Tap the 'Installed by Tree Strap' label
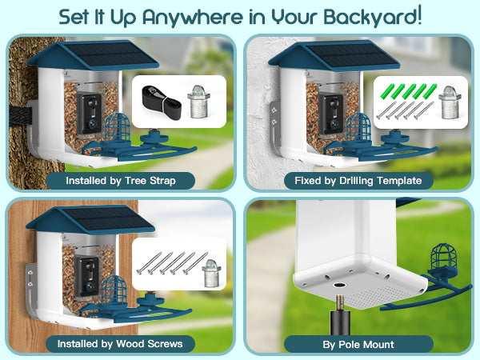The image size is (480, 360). point(120,181)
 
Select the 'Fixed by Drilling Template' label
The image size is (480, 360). point(358,181)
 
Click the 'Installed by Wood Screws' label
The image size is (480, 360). point(120,344)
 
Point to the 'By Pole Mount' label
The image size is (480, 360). point(358,344)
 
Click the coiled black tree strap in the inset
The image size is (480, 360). point(162,102)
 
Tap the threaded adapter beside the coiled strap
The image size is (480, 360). point(198,102)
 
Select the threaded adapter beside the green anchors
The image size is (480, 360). point(450,102)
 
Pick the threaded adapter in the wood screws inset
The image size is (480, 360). point(211,273)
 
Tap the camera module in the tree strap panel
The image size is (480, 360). point(89,113)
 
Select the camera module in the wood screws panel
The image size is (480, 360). point(86,275)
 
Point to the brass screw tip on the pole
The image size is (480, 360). point(340,303)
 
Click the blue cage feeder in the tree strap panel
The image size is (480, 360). point(117,128)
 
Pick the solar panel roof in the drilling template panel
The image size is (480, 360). point(334,56)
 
